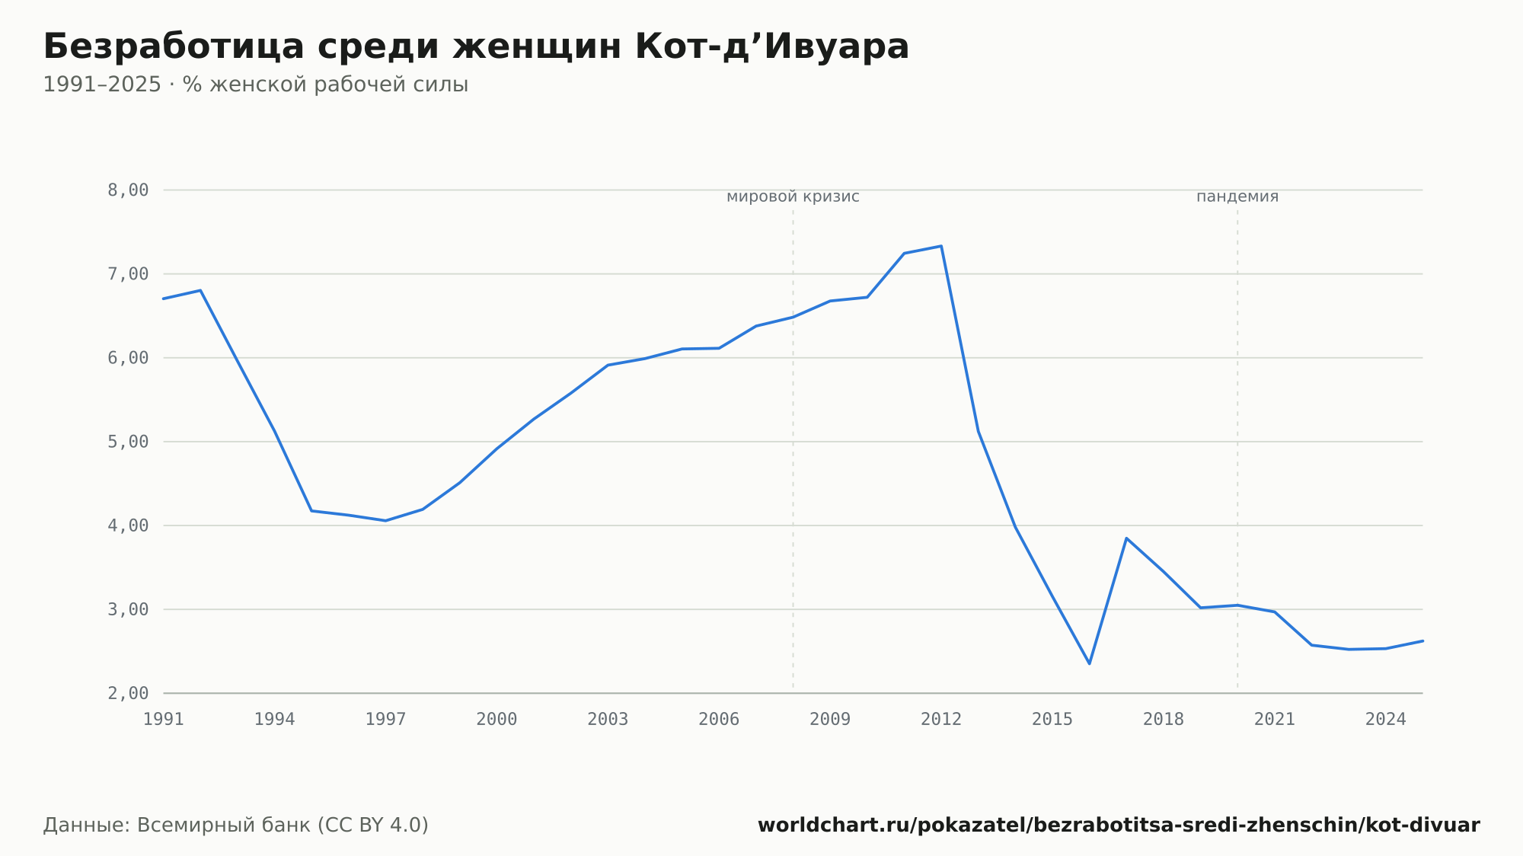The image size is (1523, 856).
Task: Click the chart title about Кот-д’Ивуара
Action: click(x=476, y=46)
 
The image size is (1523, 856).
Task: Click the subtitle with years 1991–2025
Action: click(x=255, y=85)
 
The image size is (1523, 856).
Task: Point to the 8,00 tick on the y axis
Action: click(x=128, y=190)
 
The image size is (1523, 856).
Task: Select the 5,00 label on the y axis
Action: click(x=128, y=442)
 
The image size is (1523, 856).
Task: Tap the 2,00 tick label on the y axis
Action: click(x=128, y=693)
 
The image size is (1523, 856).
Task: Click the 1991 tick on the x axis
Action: click(x=164, y=720)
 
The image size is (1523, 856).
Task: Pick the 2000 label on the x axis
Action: click(x=496, y=720)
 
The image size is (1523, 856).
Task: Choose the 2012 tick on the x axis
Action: click(x=941, y=720)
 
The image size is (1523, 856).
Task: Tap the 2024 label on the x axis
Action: click(x=1386, y=720)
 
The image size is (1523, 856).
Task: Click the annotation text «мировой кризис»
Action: click(x=793, y=196)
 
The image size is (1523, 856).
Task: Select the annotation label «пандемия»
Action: click(x=1237, y=196)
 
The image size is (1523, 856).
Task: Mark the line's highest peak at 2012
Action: click(x=941, y=246)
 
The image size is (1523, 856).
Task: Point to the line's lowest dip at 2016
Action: click(x=1090, y=663)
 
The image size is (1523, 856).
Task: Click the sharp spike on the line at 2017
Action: click(x=1126, y=538)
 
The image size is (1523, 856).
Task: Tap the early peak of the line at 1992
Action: click(x=200, y=290)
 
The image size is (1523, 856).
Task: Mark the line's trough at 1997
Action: click(x=385, y=521)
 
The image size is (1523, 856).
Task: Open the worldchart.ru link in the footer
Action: click(x=1119, y=826)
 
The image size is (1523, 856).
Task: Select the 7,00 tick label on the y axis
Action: click(x=128, y=274)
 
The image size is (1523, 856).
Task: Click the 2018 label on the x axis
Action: click(x=1164, y=720)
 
